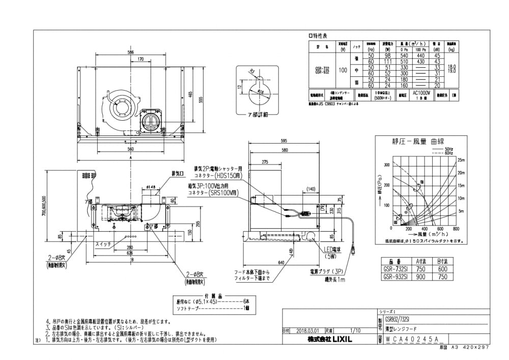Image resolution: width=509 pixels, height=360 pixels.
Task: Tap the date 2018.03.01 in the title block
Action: pyautogui.click(x=307, y=330)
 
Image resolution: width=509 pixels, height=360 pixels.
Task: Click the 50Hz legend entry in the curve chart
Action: pyautogui.click(x=447, y=147)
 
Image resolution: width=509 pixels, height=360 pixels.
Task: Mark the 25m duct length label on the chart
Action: pyautogui.click(x=462, y=160)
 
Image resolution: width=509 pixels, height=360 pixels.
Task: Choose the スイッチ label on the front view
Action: pyautogui.click(x=103, y=245)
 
